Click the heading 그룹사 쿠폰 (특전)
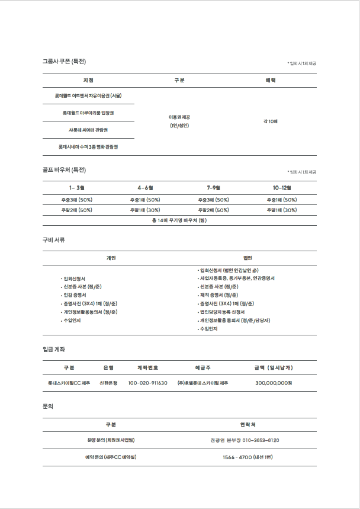64,61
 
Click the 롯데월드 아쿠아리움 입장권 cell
88,113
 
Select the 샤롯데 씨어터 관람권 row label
88,129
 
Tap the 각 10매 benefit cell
271,121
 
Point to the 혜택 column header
271,80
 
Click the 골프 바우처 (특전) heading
64,170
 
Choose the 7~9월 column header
214,188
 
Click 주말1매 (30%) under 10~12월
282,210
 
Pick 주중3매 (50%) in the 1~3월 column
77,200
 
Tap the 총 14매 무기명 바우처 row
179,220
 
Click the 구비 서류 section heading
53,240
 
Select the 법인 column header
247,258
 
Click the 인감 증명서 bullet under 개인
75,294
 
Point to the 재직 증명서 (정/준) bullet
218,294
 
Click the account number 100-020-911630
147,383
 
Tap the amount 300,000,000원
274,383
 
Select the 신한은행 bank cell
108,383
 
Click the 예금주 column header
203,367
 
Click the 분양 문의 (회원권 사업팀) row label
111,440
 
